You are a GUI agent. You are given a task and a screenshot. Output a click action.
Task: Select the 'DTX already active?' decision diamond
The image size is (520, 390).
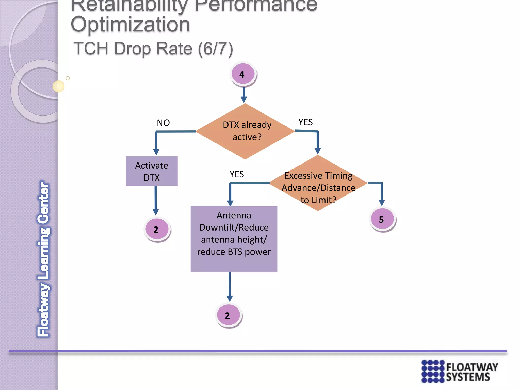[x=245, y=131]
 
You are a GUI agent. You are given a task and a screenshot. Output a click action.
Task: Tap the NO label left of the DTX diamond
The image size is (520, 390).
[x=163, y=123]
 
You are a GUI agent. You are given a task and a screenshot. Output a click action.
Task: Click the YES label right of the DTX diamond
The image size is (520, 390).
[x=305, y=122]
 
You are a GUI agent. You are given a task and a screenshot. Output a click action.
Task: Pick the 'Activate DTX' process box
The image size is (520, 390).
[x=152, y=171]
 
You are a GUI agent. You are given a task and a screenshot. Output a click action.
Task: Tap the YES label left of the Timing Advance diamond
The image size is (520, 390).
[x=237, y=174]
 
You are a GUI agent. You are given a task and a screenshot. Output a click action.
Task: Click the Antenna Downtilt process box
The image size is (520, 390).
[x=234, y=239]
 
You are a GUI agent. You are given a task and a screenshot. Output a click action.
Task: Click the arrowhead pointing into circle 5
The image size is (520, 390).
[x=382, y=202]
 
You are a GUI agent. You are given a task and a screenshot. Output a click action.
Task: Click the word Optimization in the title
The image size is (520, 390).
[x=130, y=25]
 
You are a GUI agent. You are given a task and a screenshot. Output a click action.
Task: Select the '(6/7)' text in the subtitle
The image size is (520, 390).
[x=215, y=49]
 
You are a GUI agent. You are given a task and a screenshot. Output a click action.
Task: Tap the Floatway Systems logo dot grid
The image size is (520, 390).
[x=433, y=371]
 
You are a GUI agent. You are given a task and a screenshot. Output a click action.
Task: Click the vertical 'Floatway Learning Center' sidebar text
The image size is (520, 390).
[x=43, y=259]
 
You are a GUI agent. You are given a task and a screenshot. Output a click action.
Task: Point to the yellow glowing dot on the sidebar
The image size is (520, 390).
[x=58, y=86]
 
